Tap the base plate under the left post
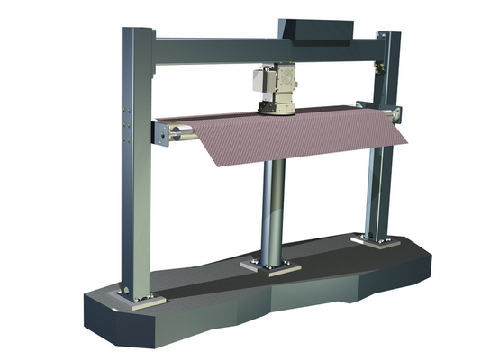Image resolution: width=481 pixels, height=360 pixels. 141,298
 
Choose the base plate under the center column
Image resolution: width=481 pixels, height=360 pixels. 271,267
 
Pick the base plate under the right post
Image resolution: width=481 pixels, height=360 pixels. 371,240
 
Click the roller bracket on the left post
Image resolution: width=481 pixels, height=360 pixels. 161,134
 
